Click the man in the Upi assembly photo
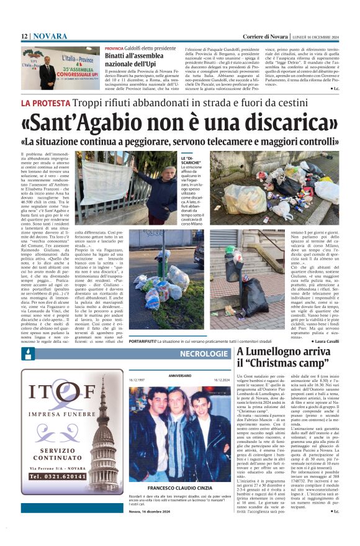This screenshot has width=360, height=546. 47,73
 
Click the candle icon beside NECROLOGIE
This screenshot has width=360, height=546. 27,354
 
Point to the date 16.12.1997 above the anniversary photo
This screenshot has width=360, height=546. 137,378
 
